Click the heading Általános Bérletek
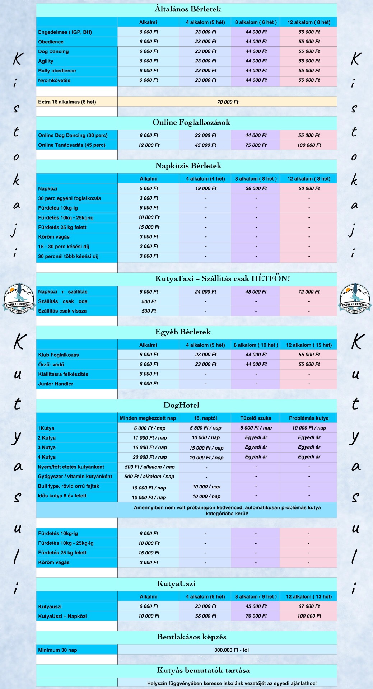(188, 9)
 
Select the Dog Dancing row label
(53, 51)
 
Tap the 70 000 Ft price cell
(228, 102)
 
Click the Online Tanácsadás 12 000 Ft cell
(149, 145)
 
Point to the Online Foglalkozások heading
(191, 122)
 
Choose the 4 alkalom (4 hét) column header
(205, 179)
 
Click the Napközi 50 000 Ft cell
(309, 188)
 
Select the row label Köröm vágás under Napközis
(54, 237)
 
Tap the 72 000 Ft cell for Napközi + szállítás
(309, 292)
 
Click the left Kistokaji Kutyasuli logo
(19, 298)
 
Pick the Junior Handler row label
(56, 384)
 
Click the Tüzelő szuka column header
(256, 418)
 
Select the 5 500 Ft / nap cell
(205, 428)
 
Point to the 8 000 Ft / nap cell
(256, 428)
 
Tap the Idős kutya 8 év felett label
(62, 496)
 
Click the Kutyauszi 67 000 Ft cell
(309, 606)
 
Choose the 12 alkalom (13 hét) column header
(309, 597)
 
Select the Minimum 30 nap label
(57, 650)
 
